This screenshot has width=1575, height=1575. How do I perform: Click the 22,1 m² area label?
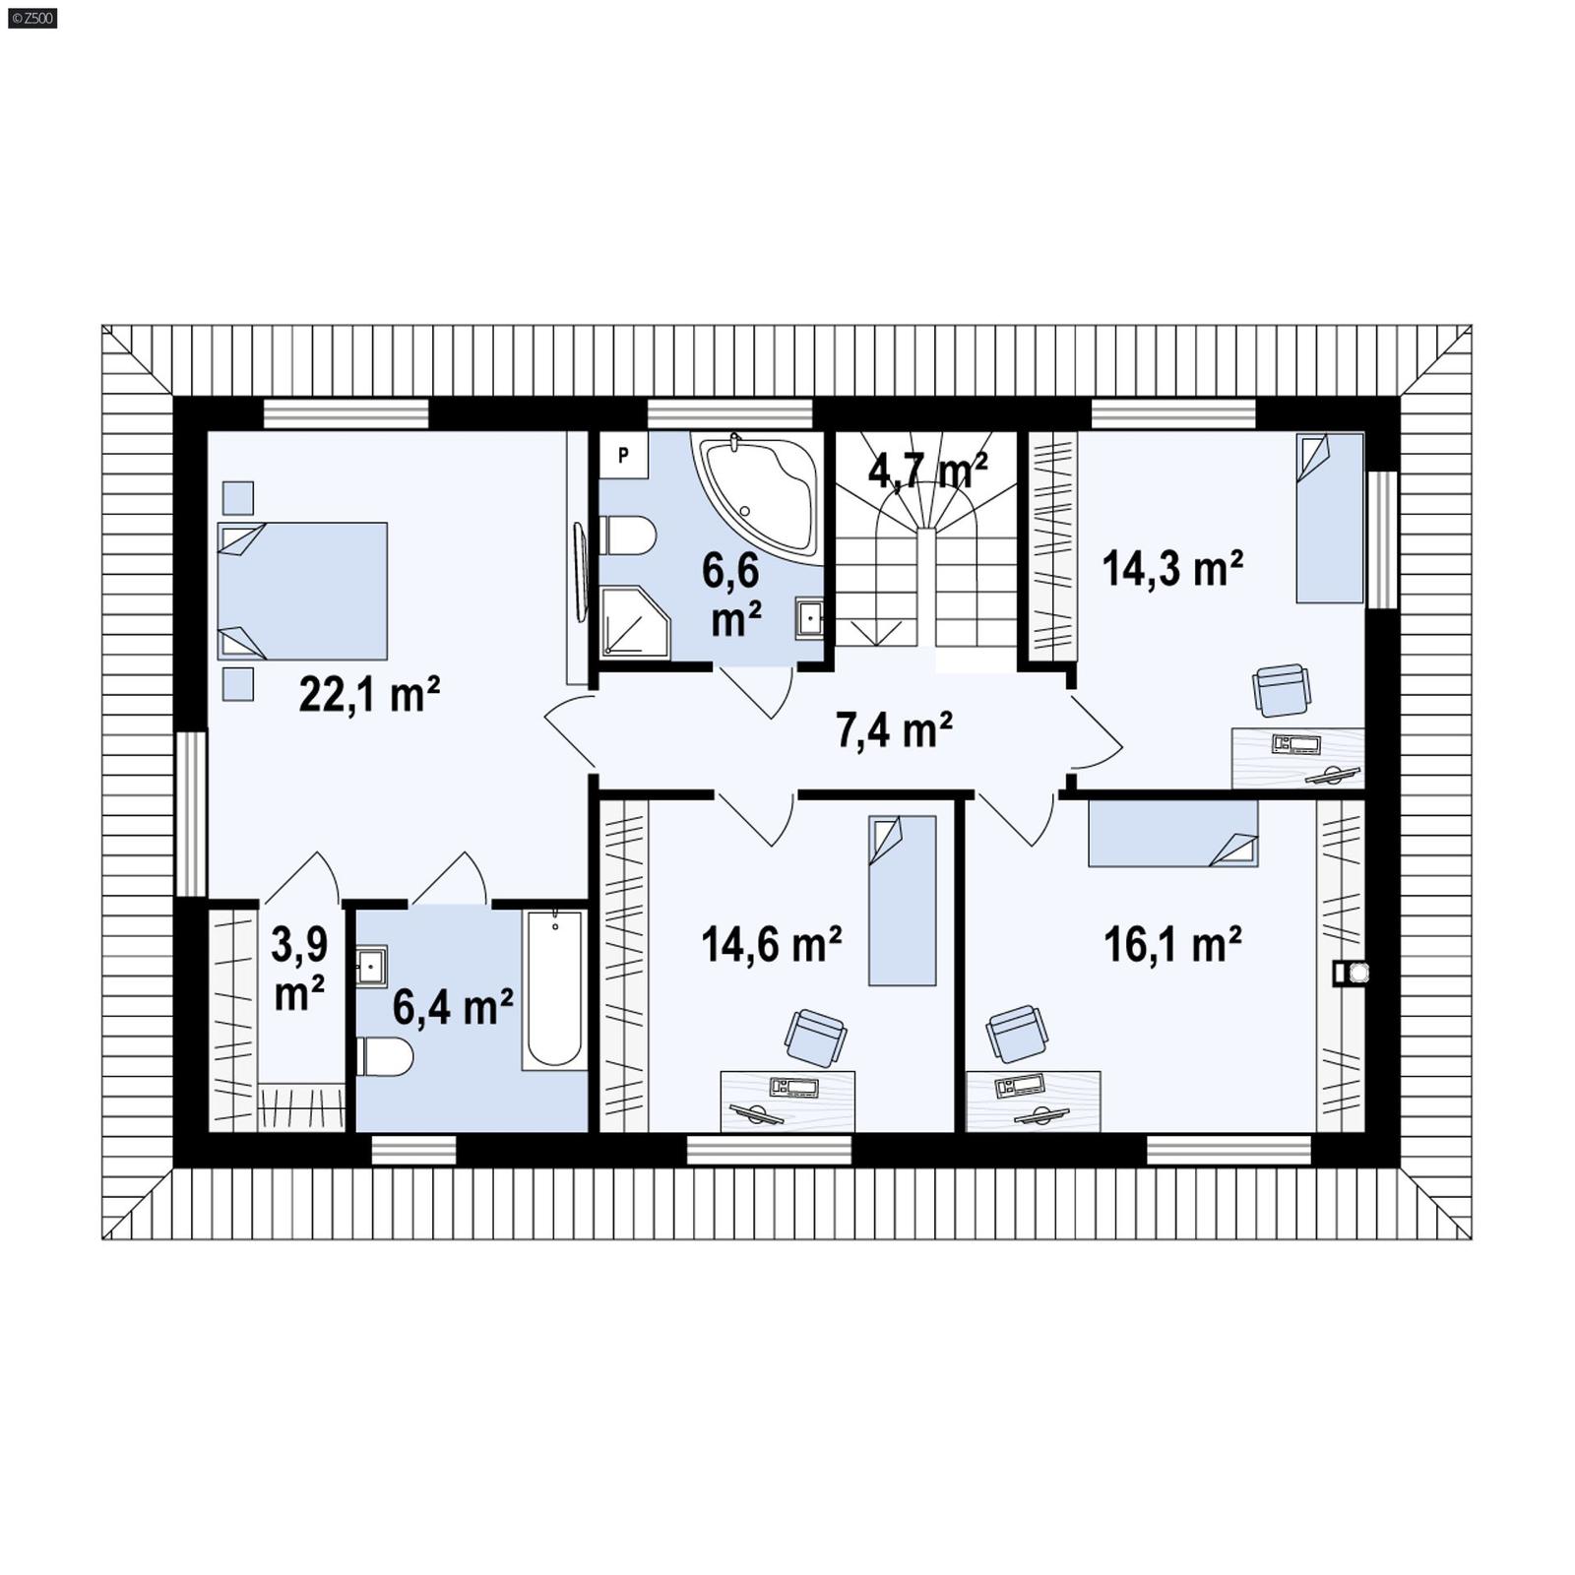coord(369,695)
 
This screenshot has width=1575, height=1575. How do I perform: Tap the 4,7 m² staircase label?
coord(927,471)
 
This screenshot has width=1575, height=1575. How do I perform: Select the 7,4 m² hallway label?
coord(894,730)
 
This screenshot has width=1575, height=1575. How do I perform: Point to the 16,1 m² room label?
coord(1171,944)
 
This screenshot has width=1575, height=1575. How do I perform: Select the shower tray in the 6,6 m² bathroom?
coord(633,622)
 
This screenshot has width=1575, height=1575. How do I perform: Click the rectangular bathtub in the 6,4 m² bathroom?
coord(553,988)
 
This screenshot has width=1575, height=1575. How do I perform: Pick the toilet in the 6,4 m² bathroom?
coord(385,1057)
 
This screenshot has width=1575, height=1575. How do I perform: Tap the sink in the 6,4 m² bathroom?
coord(371,966)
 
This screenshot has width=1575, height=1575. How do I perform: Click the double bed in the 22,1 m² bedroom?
coord(302,591)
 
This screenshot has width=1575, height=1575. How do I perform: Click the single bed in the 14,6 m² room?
coord(902,900)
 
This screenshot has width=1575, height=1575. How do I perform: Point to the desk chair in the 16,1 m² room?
coord(1016,1034)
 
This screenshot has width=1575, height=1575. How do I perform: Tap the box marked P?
coord(623,455)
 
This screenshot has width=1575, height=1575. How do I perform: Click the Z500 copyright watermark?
coord(31,17)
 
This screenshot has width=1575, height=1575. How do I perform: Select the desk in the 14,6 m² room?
coord(787,1101)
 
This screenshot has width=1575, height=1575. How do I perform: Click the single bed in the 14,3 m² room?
coord(1329,518)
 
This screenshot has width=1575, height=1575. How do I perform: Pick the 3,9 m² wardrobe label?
coord(299,969)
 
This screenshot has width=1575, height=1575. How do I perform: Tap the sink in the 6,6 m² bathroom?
coord(810,618)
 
